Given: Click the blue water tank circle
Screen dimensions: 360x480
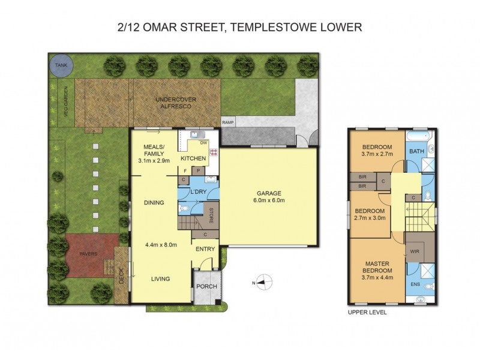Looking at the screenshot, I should pyautogui.click(x=61, y=65).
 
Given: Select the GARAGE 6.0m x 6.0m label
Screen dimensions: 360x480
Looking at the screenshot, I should pyautogui.click(x=269, y=197).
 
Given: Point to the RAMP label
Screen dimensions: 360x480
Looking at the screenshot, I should pyautogui.click(x=228, y=122).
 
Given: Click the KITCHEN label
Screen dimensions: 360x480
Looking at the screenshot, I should pyautogui.click(x=193, y=158).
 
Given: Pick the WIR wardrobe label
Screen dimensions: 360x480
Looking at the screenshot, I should pyautogui.click(x=414, y=251).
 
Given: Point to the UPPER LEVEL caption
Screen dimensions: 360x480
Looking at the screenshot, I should pyautogui.click(x=367, y=313).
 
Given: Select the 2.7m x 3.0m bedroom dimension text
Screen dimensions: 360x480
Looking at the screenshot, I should pyautogui.click(x=370, y=219).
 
